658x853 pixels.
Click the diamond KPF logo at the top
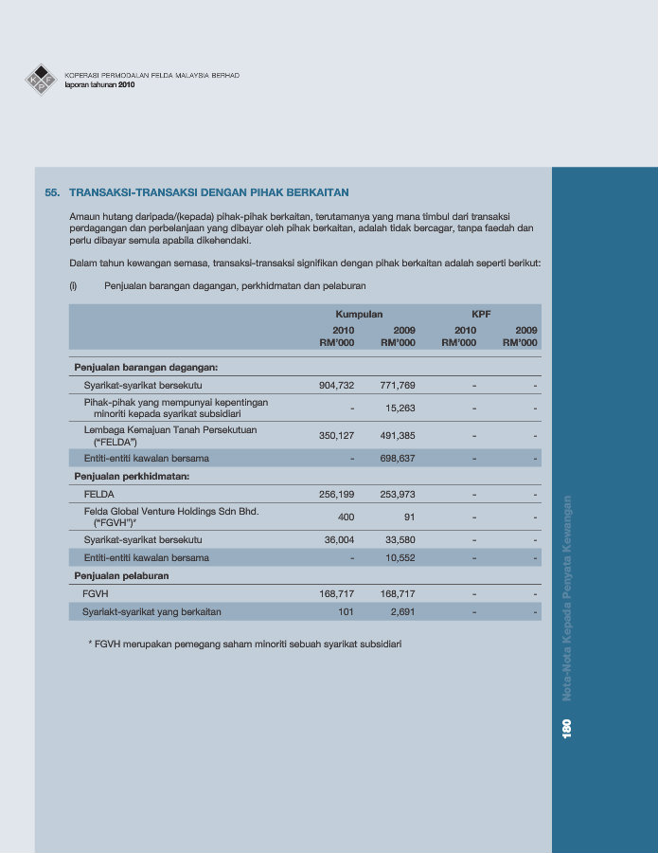[41, 80]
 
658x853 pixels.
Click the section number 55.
[52, 192]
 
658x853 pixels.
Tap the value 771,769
[398, 386]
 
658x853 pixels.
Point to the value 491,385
[398, 436]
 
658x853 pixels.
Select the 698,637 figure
[398, 459]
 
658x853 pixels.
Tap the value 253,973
[398, 495]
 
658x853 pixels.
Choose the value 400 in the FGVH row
[346, 517]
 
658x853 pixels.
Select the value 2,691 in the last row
[403, 612]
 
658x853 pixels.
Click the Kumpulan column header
[359, 314]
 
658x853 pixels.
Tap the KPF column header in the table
[481, 314]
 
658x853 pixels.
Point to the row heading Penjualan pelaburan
[122, 575]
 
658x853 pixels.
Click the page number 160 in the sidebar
[567, 727]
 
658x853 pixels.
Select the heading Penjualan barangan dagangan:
[146, 367]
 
